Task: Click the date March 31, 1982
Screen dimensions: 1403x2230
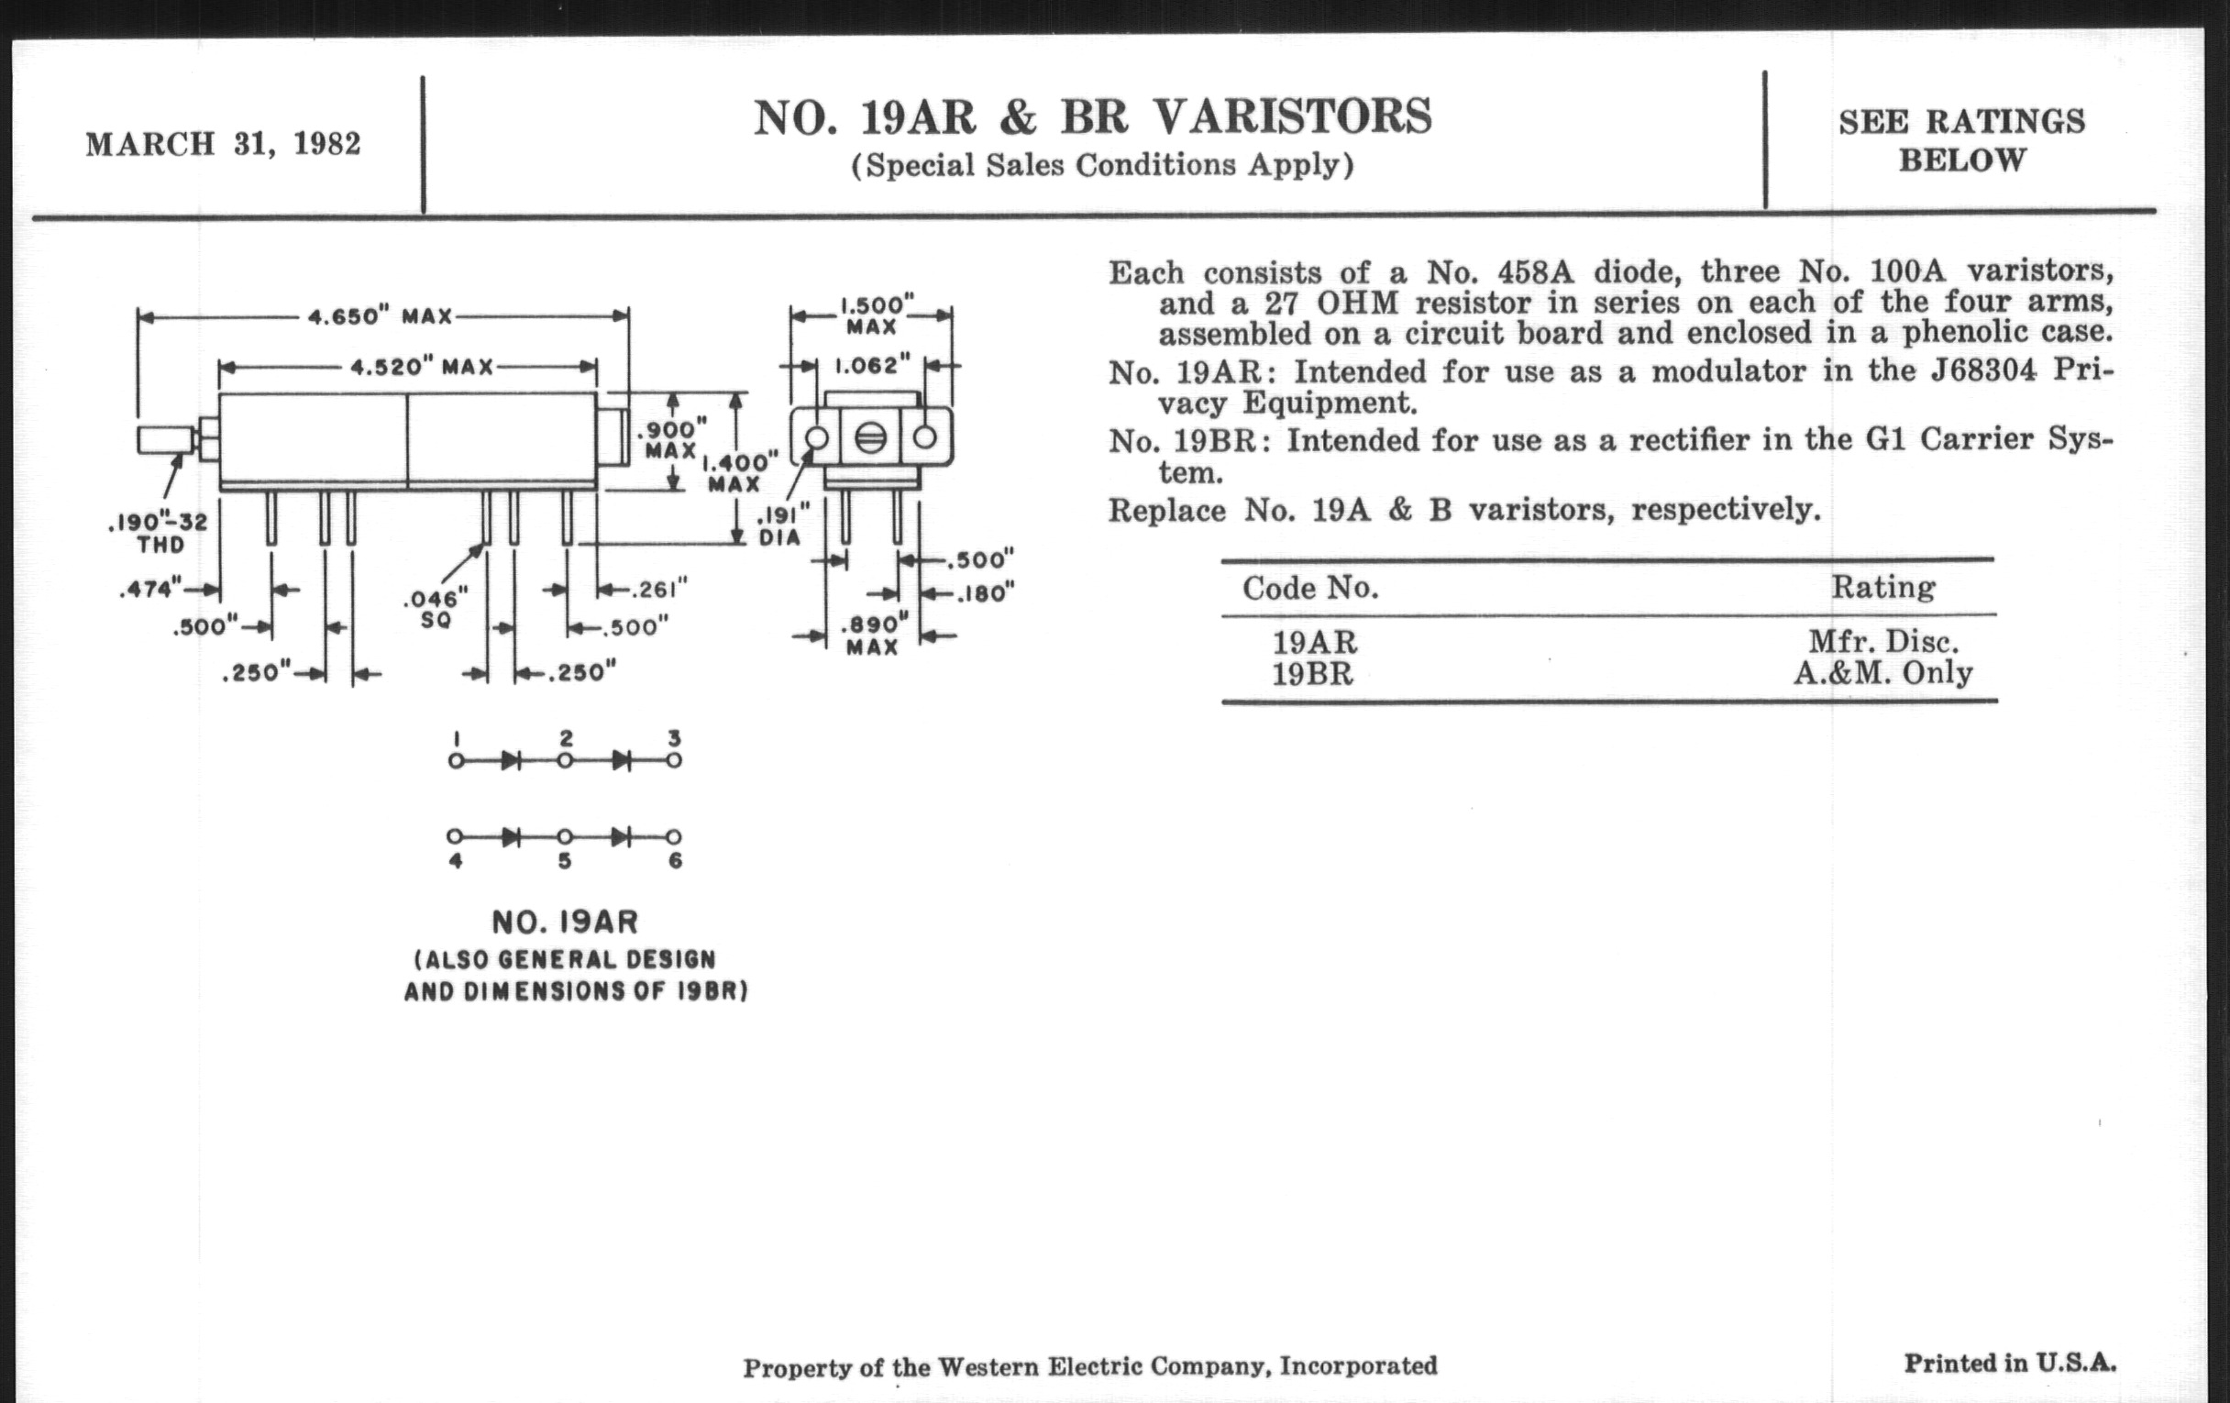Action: [223, 145]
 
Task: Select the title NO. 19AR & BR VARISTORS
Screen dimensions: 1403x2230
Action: [1093, 117]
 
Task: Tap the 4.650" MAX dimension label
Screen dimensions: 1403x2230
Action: [380, 316]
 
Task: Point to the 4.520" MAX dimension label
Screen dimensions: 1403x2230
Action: [422, 367]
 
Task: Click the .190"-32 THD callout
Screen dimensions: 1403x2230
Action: [159, 533]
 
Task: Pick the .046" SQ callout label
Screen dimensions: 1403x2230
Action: [436, 609]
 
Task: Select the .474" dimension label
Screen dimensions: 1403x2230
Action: [150, 589]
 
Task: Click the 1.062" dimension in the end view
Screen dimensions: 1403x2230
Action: [867, 366]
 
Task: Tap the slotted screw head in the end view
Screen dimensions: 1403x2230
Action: [870, 438]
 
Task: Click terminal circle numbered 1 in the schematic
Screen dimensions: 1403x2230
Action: [456, 761]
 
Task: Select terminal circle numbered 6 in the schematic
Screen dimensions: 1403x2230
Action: [675, 837]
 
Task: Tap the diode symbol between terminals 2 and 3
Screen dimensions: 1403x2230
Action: [621, 761]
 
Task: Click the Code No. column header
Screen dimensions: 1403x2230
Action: [1309, 588]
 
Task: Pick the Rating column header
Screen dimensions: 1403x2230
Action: [1882, 587]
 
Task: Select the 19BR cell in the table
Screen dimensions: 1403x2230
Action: [1312, 674]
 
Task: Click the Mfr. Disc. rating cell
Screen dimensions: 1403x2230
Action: [1882, 642]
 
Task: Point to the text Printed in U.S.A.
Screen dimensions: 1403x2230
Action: [2010, 1364]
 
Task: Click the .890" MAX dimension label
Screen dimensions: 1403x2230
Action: [873, 636]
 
